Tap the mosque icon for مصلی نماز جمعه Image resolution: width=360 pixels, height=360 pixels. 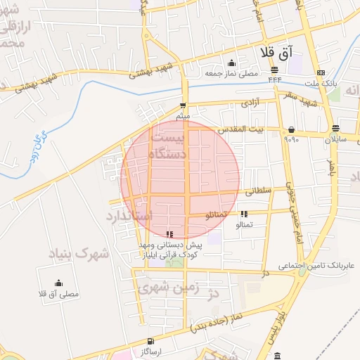(x=232, y=63)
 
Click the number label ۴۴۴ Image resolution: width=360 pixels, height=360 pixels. (x=274, y=79)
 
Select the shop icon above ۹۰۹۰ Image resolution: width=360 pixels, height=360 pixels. (x=291, y=129)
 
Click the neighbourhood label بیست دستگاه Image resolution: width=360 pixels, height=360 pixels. (x=169, y=145)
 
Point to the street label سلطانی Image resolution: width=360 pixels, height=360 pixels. (x=259, y=190)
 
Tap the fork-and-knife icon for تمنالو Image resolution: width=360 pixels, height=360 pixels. (x=244, y=214)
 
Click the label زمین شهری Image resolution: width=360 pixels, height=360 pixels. (x=166, y=288)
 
